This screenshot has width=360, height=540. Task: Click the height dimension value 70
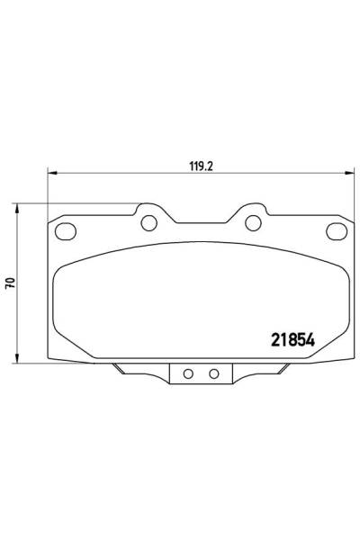pos(9,282)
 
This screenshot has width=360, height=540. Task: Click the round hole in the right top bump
pos(254,222)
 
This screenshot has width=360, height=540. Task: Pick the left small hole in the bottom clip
pos(188,373)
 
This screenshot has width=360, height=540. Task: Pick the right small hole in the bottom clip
pos(213,373)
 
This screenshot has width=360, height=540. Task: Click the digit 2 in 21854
pos(276,339)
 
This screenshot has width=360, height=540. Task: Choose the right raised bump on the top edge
pos(254,215)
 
